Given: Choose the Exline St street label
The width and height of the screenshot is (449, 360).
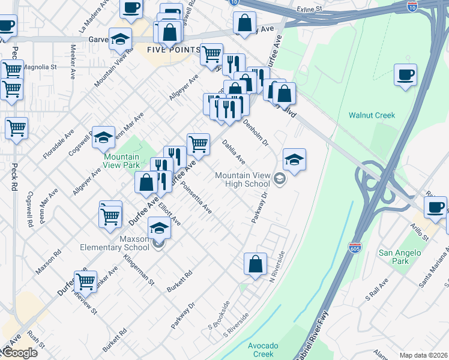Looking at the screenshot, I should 309,10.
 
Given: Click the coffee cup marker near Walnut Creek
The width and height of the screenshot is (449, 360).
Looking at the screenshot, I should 406,76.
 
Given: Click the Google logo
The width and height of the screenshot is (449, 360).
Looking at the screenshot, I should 19,353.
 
